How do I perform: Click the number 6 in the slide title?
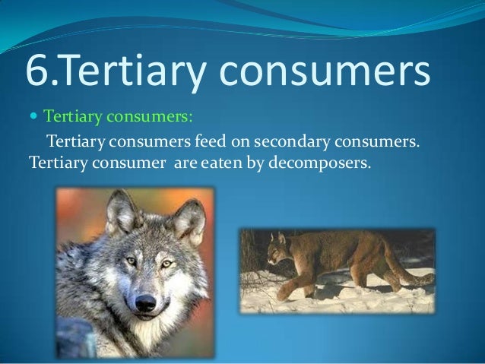37,71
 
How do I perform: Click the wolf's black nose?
145,302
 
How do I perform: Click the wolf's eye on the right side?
166,264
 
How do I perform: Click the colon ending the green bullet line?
191,118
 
